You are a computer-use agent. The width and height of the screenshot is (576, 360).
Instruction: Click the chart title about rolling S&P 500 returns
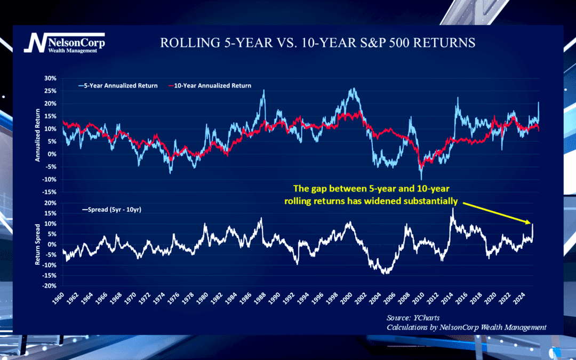point(317,43)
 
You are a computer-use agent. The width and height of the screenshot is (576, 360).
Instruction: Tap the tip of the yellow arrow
point(531,223)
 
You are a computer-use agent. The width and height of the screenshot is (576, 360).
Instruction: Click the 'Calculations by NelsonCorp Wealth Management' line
point(467,327)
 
